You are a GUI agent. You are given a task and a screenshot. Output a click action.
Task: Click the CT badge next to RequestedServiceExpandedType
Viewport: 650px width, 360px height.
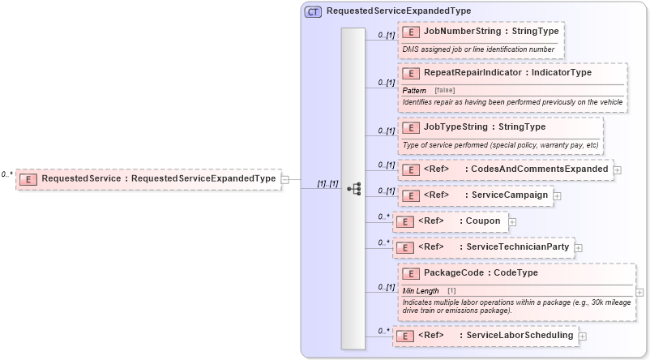[x=313, y=11]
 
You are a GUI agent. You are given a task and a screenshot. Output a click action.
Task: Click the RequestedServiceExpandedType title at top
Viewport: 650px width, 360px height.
[x=398, y=11]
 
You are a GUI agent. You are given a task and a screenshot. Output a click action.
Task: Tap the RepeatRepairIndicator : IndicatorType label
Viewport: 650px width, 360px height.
[x=507, y=72]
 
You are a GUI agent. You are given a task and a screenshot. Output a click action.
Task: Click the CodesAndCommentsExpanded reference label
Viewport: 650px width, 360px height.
[x=515, y=169]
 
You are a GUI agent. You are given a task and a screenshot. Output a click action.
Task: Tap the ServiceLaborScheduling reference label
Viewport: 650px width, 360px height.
[x=495, y=335]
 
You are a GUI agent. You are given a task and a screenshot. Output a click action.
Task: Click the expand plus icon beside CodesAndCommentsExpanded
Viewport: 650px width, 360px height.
[x=618, y=170]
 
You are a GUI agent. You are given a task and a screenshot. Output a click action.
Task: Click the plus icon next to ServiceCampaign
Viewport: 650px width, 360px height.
[x=558, y=196]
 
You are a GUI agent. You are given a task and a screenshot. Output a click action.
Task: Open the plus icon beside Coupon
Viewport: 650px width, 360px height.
[x=512, y=221]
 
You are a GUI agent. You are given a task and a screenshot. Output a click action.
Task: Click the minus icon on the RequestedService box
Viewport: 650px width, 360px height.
[x=286, y=179]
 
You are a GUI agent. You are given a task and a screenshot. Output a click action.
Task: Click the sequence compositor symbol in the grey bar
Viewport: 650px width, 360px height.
[x=353, y=188]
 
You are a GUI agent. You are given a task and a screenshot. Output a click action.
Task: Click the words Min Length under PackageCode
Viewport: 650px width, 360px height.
[x=421, y=290]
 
